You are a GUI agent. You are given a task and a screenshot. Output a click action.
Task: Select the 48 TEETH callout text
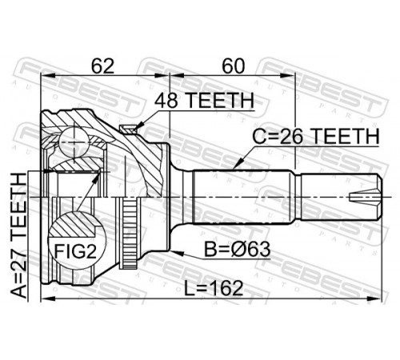pos(204,101)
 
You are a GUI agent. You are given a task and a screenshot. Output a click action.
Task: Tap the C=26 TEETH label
pos(316,136)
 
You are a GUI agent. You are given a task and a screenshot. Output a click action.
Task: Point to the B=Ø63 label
pos(238,250)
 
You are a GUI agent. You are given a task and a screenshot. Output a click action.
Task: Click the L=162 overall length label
pos(214,288)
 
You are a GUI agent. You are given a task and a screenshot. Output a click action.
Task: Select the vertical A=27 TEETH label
pos(19,235)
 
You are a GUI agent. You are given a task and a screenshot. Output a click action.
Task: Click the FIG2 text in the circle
pos(75,251)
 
